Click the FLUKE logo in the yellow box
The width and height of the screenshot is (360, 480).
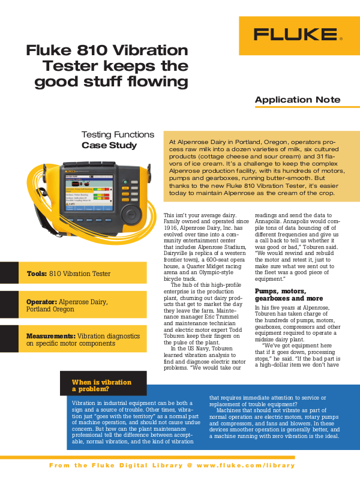297,34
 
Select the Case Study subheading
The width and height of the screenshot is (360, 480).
109,145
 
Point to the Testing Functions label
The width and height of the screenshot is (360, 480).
118,134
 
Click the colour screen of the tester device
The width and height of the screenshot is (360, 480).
90,192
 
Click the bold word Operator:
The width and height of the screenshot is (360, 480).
42,302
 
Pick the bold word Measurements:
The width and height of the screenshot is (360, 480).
51,336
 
